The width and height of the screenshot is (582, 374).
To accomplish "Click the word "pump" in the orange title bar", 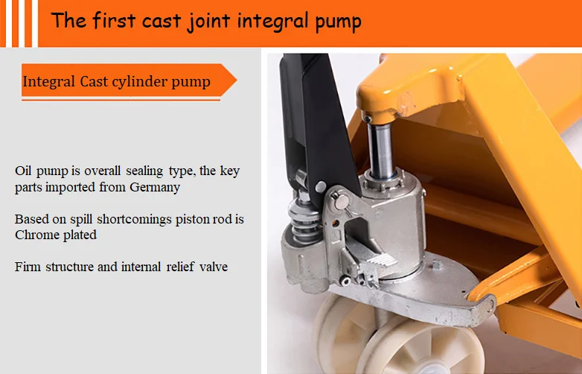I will (337, 22).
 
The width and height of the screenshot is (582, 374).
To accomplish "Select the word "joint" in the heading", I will (207, 21).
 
